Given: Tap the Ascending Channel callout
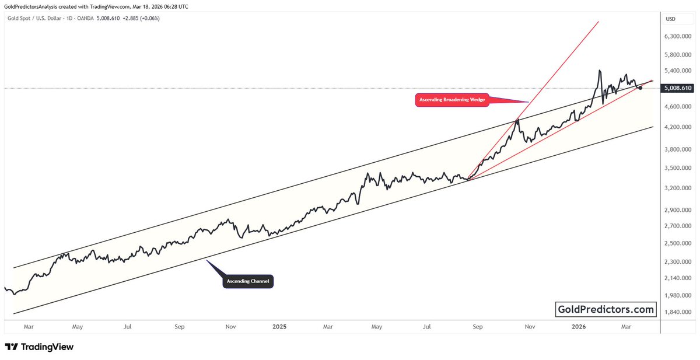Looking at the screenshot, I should click(248, 282).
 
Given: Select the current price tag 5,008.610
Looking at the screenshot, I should click(677, 88).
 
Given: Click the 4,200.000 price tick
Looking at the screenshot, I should click(677, 127).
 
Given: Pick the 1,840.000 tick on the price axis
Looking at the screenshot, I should click(677, 312).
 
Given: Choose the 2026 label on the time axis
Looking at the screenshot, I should click(578, 327).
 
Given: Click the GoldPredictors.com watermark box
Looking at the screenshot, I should click(606, 309).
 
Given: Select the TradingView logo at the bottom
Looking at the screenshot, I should click(39, 347).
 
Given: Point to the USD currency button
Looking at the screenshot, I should click(671, 19).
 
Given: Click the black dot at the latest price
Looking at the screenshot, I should click(640, 88).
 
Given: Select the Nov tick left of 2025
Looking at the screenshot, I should click(230, 327).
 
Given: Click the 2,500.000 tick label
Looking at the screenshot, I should click(677, 243).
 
